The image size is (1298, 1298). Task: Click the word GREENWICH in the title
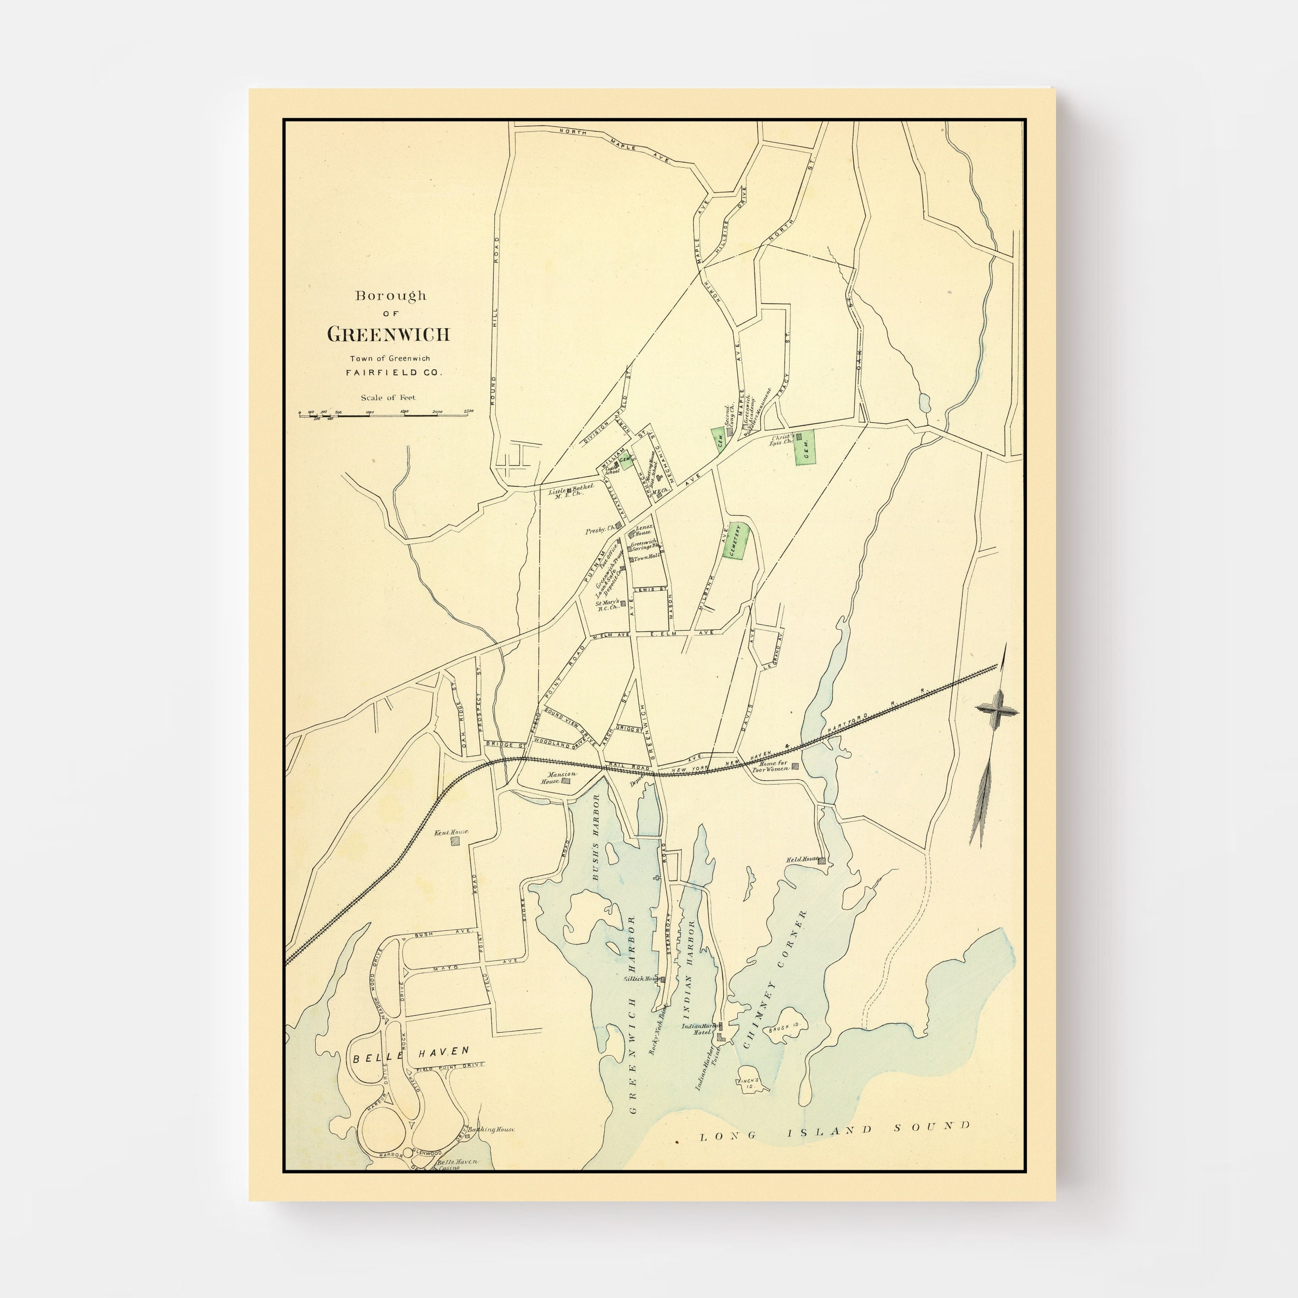click(x=388, y=334)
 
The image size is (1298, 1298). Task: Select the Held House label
click(x=802, y=859)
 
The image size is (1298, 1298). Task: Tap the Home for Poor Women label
click(x=773, y=766)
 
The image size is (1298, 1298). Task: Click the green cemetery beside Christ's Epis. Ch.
click(x=805, y=447)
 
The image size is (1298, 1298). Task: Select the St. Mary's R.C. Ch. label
click(x=607, y=605)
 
